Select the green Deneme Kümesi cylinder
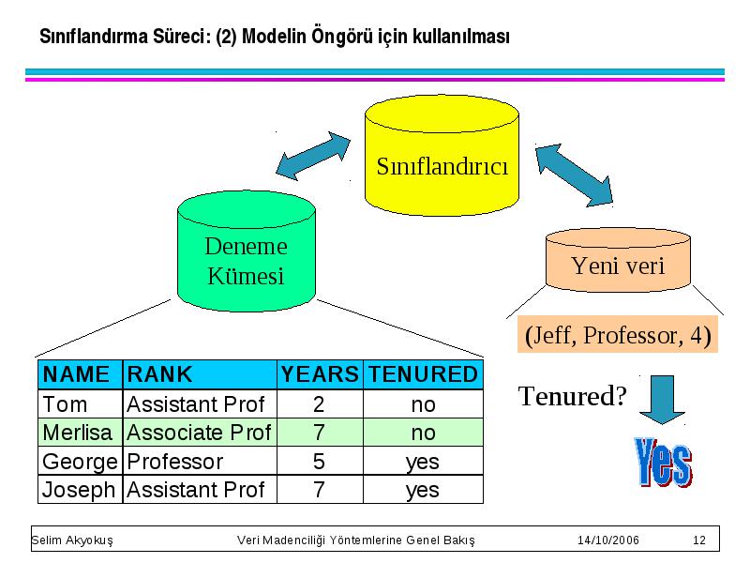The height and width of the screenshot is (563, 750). [247, 251]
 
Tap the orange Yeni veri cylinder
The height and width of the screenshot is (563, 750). [618, 260]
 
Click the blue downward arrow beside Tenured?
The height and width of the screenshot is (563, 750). [662, 400]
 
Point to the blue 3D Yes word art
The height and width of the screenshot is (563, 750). [663, 463]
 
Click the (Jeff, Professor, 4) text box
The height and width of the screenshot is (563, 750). [618, 335]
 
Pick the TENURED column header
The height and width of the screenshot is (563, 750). [424, 374]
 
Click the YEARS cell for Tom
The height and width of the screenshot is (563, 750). [320, 403]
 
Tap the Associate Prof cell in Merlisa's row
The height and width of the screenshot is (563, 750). [200, 433]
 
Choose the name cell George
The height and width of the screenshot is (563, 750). [81, 461]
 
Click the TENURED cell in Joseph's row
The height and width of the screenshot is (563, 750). [424, 489]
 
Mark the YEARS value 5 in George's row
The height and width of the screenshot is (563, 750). [319, 462]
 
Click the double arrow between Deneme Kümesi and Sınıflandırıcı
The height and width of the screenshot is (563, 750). [313, 156]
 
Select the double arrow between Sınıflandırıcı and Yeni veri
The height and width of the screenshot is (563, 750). [574, 175]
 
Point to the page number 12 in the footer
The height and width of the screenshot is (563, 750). [698, 540]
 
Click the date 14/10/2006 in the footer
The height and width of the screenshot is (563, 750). [607, 540]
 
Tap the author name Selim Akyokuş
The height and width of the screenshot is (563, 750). [72, 540]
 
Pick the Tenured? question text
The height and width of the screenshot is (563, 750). [572, 396]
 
